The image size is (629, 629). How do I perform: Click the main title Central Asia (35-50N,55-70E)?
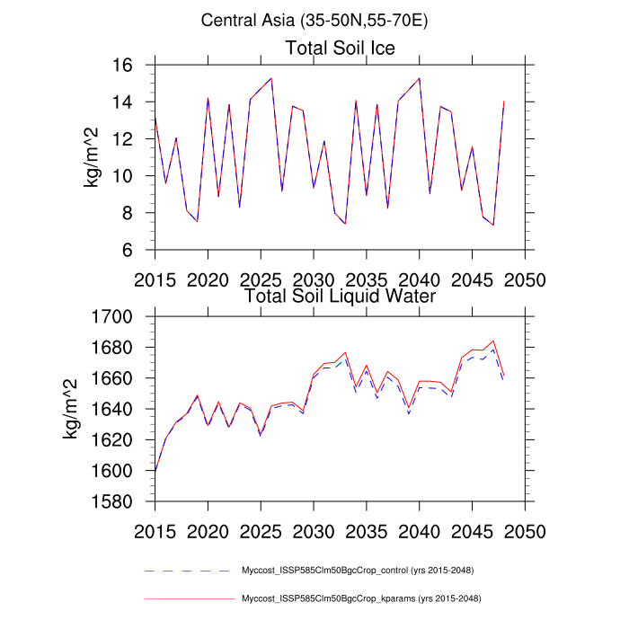click(x=314, y=20)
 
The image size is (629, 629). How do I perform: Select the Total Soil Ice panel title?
click(x=340, y=48)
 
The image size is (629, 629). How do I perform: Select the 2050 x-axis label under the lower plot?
click(x=525, y=529)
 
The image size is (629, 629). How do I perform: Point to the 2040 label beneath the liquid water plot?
click(x=420, y=529)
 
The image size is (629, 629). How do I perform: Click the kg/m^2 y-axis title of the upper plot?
click(x=93, y=157)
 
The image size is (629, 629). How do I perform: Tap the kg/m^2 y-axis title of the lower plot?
click(x=70, y=409)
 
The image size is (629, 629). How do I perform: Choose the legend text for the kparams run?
click(x=359, y=598)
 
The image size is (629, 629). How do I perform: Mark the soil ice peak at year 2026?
click(x=271, y=78)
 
